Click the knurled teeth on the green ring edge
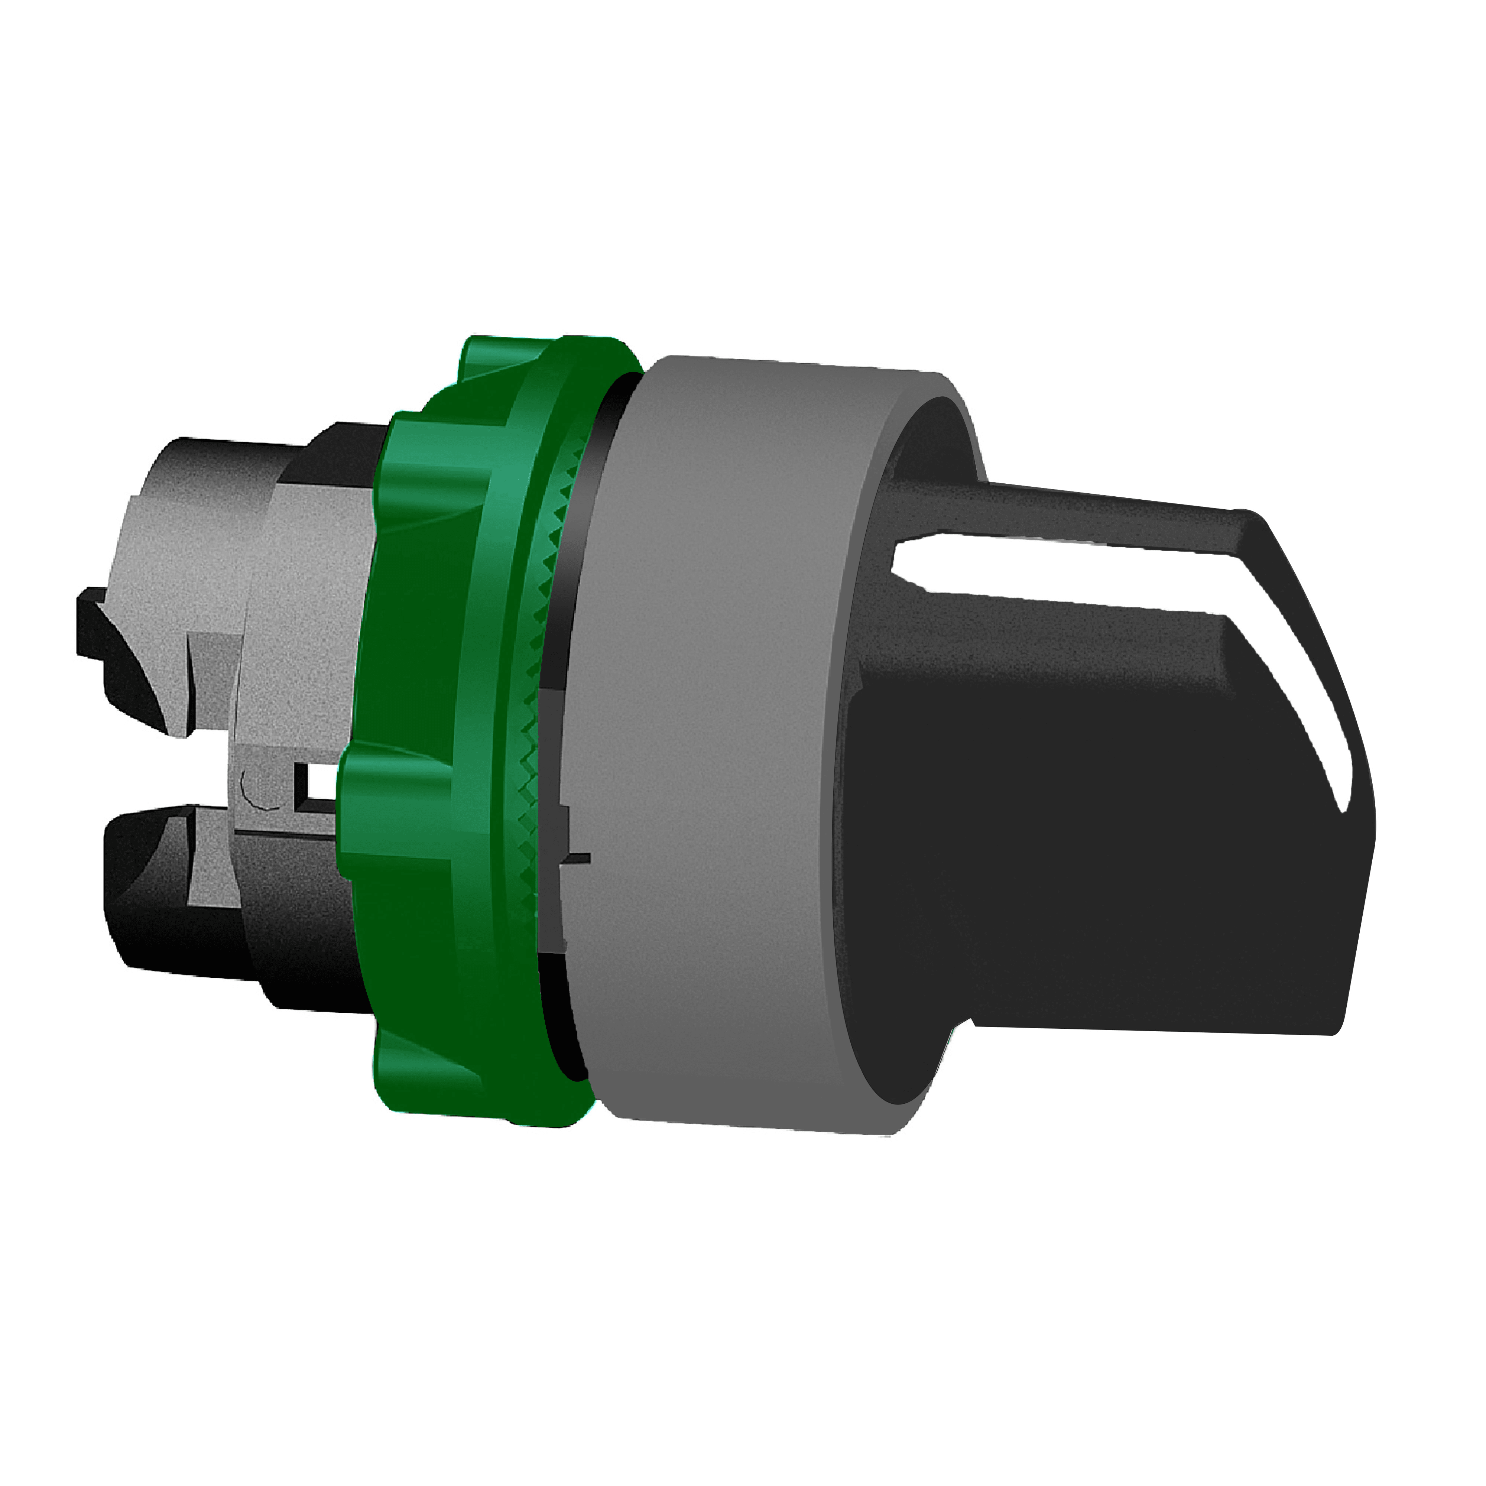[538, 692]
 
